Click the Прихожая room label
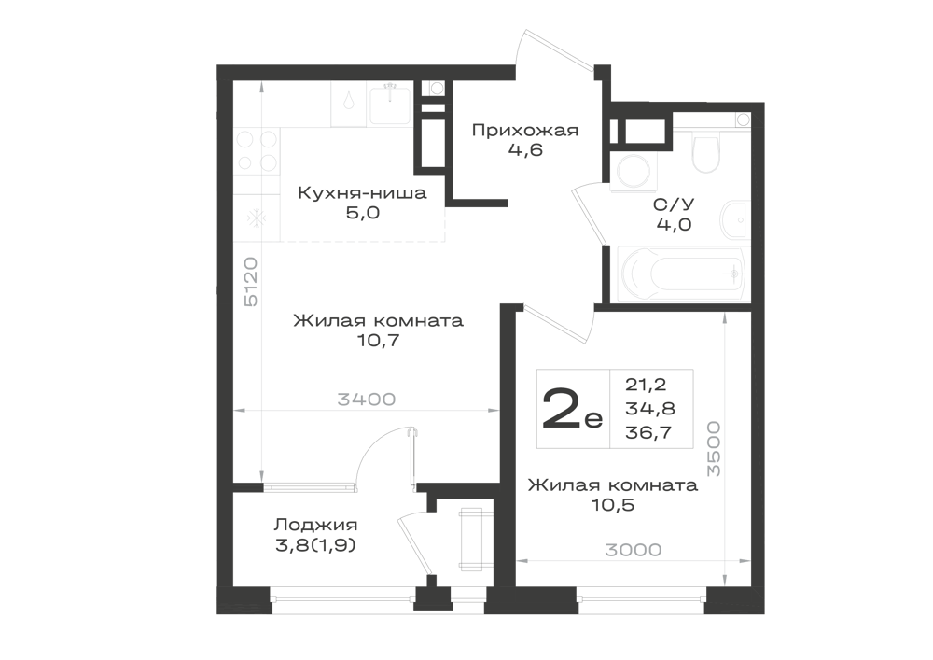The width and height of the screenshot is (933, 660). point(524,131)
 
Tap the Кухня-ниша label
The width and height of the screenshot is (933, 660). point(362,193)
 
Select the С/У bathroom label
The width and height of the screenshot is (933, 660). point(674,204)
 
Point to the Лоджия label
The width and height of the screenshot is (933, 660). point(315,525)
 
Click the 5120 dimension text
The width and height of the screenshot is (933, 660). point(252,282)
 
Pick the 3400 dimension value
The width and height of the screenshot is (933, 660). point(367,400)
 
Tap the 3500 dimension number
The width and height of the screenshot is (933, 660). point(714,449)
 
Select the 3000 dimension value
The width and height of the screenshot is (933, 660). point(634,550)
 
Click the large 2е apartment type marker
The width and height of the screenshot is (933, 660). point(572,411)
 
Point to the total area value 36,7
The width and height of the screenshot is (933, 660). point(648,433)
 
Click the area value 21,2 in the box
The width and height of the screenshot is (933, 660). point(646,385)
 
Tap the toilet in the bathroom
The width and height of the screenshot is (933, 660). point(705,152)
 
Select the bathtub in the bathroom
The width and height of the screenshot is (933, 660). point(681,274)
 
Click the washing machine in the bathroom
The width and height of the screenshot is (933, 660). point(634,170)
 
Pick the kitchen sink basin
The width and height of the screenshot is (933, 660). point(390,105)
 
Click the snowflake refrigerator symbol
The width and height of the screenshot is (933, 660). point(257,218)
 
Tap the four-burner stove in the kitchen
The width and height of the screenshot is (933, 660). point(257,150)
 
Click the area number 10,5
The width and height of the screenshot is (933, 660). point(612,505)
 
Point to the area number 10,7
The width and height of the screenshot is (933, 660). point(378,341)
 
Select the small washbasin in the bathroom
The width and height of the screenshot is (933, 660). point(734,220)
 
